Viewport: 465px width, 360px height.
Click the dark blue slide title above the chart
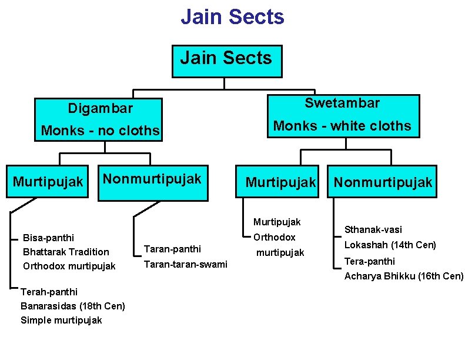232,17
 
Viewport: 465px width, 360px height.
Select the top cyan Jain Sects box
226,61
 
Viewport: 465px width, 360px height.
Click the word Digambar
100,108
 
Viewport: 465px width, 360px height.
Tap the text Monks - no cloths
100,131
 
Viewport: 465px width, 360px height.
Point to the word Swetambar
342,104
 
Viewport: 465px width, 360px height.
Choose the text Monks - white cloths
342,126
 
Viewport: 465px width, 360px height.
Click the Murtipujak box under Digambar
48,182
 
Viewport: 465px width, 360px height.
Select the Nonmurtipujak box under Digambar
152,182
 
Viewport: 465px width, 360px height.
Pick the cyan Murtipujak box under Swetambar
280,183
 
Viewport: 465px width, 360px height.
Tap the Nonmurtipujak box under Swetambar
383,183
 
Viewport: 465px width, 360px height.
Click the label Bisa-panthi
48,238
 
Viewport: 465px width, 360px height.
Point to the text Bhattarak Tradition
66,252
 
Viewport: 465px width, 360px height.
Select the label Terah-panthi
49,292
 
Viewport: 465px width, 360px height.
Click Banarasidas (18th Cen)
72,306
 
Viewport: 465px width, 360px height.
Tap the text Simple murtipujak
61,320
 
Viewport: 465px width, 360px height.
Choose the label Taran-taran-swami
185,264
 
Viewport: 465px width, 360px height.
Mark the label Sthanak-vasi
373,229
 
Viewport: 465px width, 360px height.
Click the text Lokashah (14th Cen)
390,245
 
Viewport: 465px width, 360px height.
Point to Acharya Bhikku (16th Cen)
404,276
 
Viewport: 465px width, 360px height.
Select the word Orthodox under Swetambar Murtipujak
274,237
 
